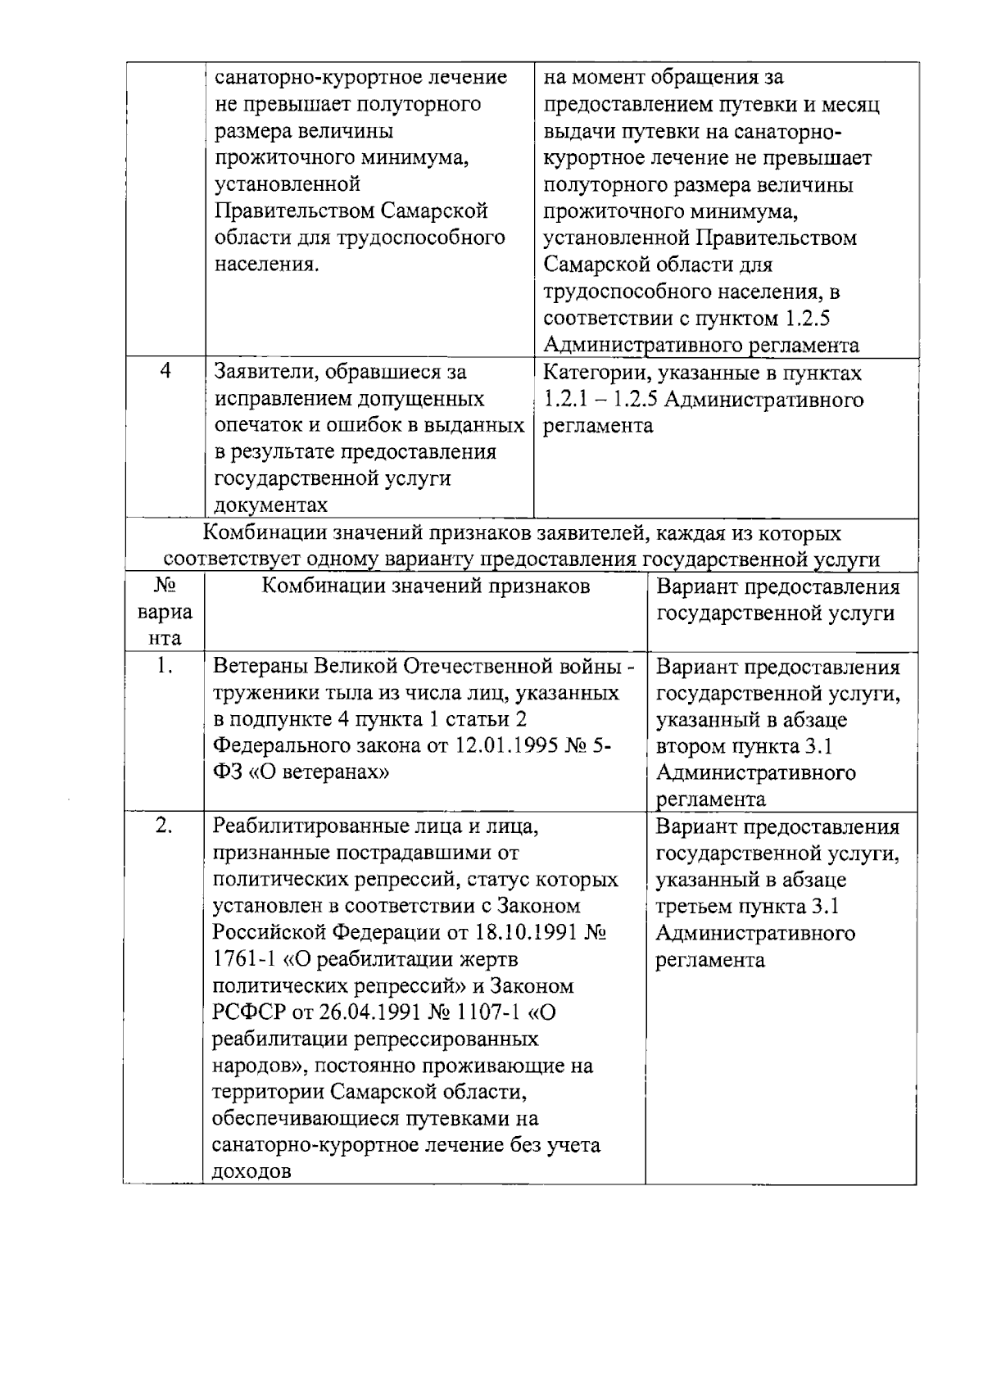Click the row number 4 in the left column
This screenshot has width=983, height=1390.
tap(165, 371)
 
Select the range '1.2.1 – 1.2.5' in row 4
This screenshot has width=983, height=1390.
tap(602, 400)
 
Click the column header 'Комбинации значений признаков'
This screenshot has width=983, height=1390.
tap(425, 586)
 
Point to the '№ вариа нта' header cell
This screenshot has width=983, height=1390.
tap(165, 613)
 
